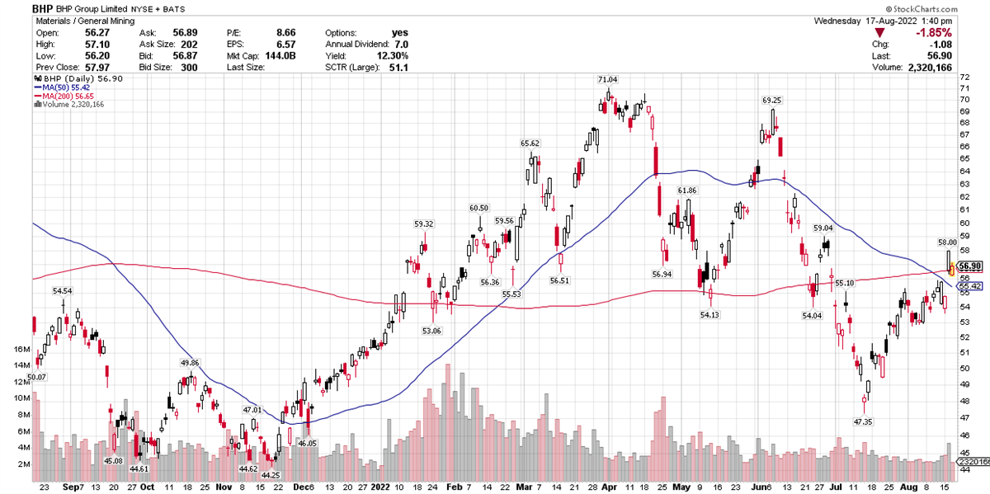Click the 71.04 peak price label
pyautogui.click(x=607, y=79)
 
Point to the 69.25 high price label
pyautogui.click(x=771, y=100)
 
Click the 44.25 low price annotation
pyautogui.click(x=271, y=475)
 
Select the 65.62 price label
pyautogui.click(x=530, y=143)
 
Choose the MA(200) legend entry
pyautogui.click(x=65, y=96)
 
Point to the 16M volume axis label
pyautogui.click(x=22, y=350)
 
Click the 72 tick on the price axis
pyautogui.click(x=963, y=77)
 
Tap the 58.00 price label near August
pyautogui.click(x=946, y=242)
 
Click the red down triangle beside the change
pyautogui.click(x=879, y=32)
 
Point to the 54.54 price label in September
pyautogui.click(x=63, y=291)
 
